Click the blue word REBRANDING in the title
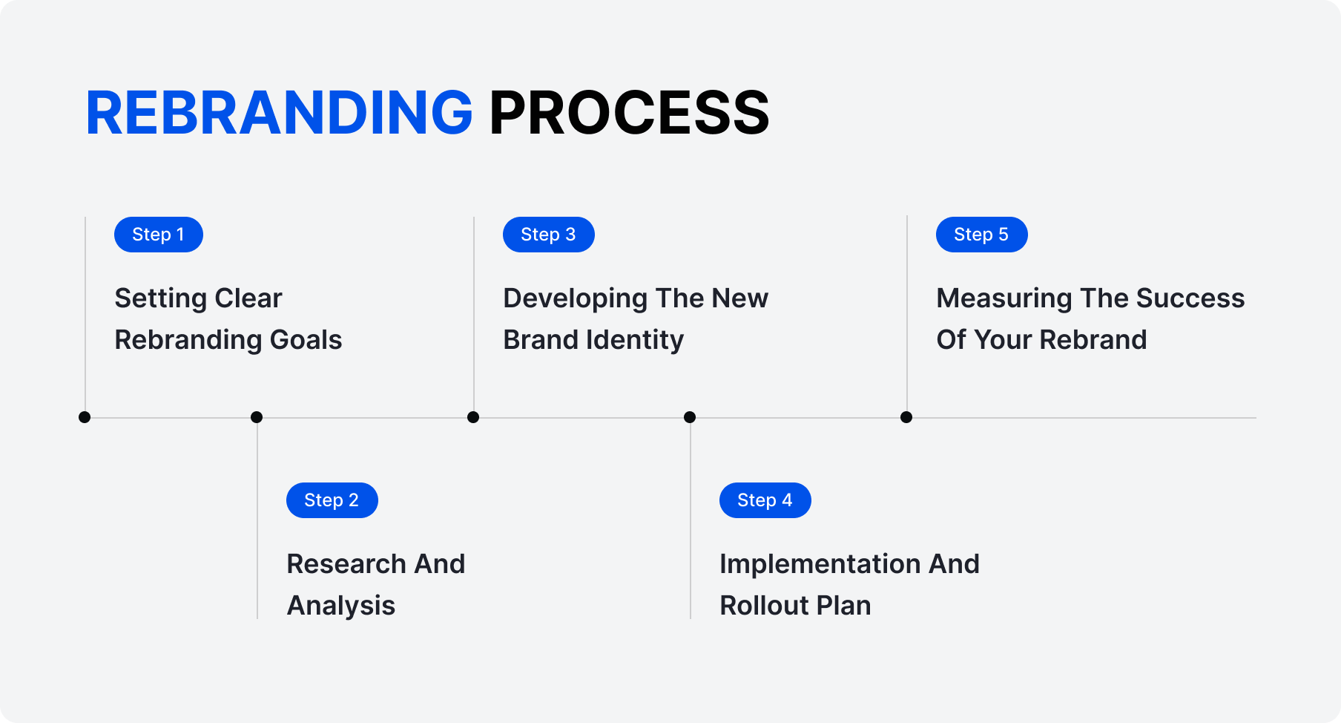pyautogui.click(x=279, y=113)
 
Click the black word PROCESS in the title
pyautogui.click(x=629, y=113)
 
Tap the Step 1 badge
pyautogui.click(x=158, y=235)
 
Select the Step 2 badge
pyautogui.click(x=332, y=500)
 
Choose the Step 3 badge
pyautogui.click(x=548, y=235)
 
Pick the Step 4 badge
pyautogui.click(x=765, y=500)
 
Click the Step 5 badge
pyautogui.click(x=981, y=235)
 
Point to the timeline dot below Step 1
pyautogui.click(x=85, y=417)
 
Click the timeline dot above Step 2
pyautogui.click(x=257, y=417)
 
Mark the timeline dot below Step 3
pyautogui.click(x=473, y=417)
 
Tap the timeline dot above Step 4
pyautogui.click(x=690, y=417)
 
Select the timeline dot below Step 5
pyautogui.click(x=906, y=417)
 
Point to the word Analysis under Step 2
pyautogui.click(x=341, y=606)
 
